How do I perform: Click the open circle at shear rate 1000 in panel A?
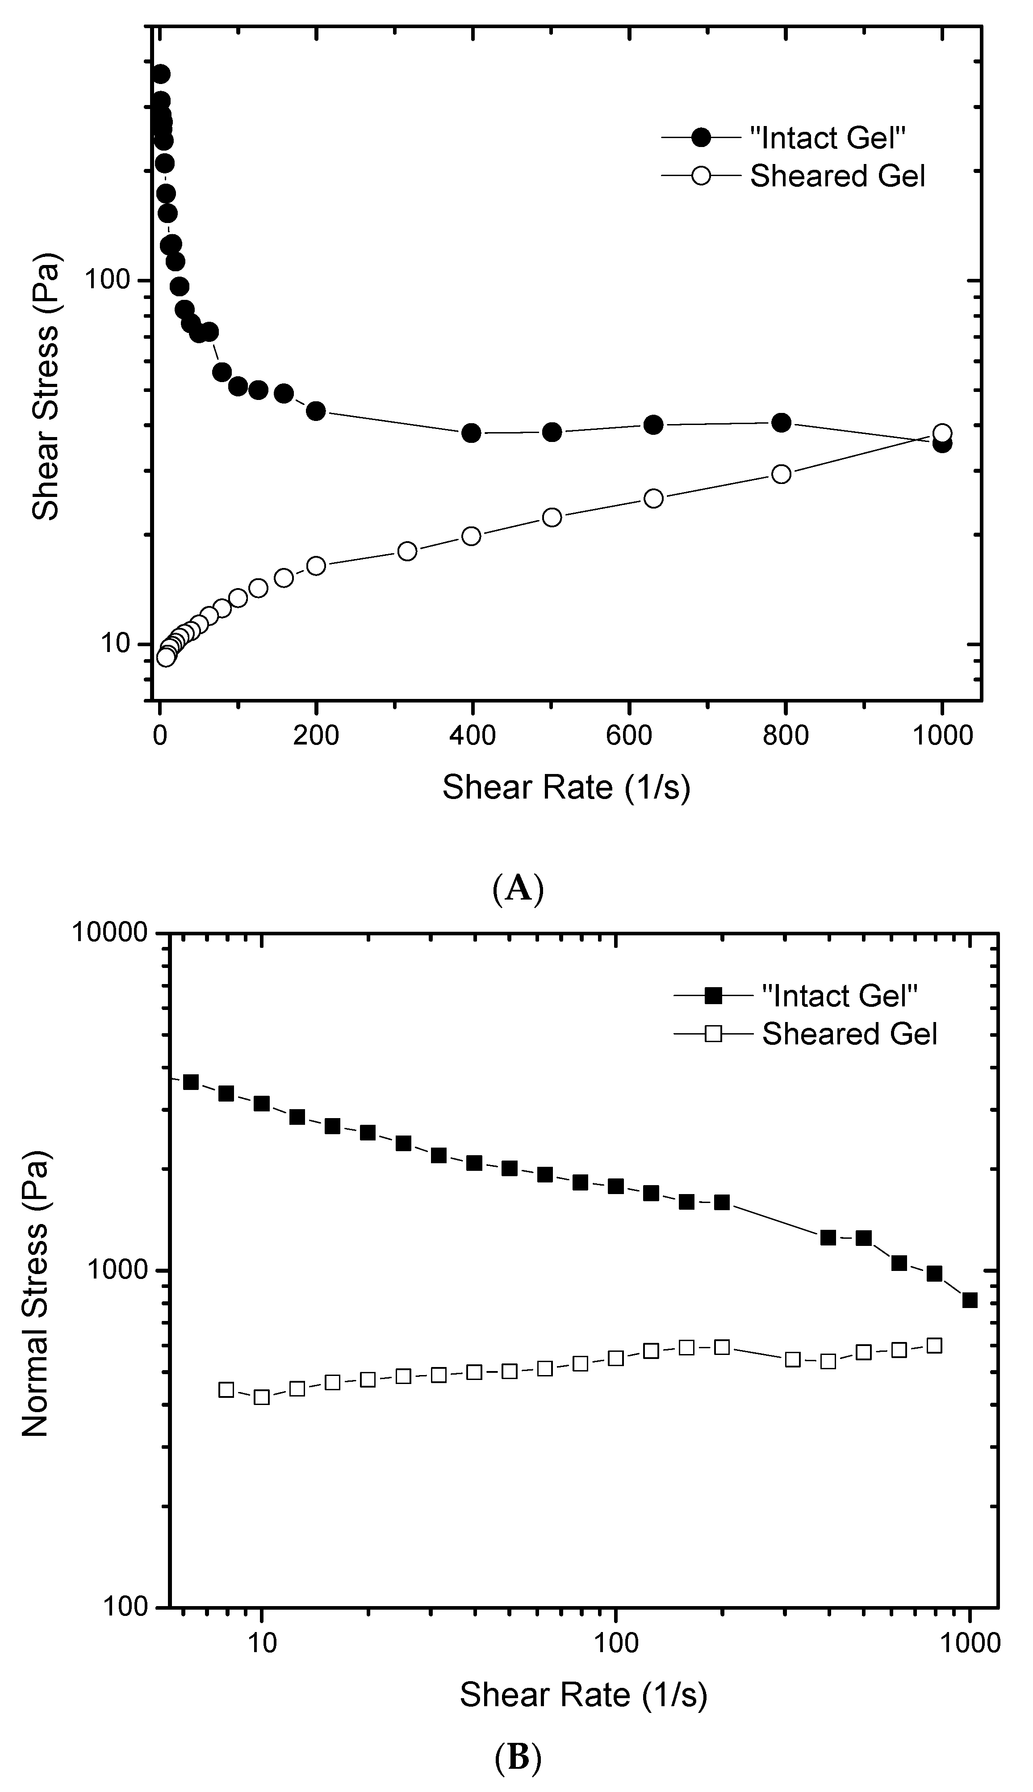(x=942, y=433)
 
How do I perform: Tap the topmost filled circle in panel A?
(x=161, y=74)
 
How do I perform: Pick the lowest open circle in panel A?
(x=165, y=657)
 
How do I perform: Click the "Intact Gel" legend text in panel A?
(x=828, y=138)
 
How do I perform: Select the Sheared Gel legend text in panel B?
(x=849, y=1034)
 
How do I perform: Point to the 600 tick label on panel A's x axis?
(x=628, y=735)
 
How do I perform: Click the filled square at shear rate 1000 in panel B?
(x=970, y=1300)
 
